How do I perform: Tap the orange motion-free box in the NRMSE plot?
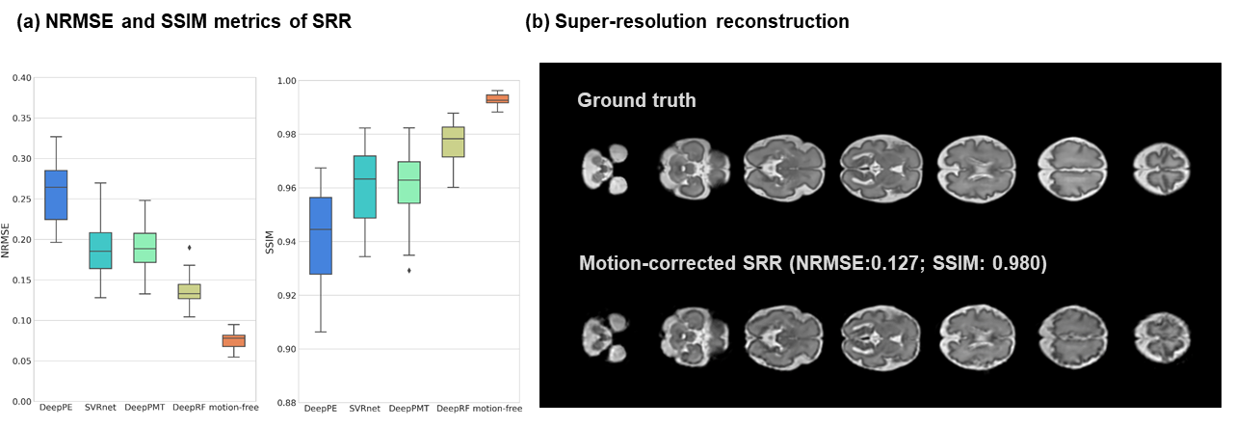point(234,340)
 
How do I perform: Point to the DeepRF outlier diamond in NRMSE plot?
point(189,248)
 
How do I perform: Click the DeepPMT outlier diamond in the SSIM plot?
point(408,271)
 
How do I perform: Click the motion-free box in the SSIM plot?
point(497,98)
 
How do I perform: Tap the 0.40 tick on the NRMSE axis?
point(21,78)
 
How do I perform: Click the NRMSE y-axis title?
point(8,239)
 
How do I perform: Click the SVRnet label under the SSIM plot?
point(365,409)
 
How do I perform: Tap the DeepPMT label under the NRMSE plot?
point(145,408)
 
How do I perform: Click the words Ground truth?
point(636,100)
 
